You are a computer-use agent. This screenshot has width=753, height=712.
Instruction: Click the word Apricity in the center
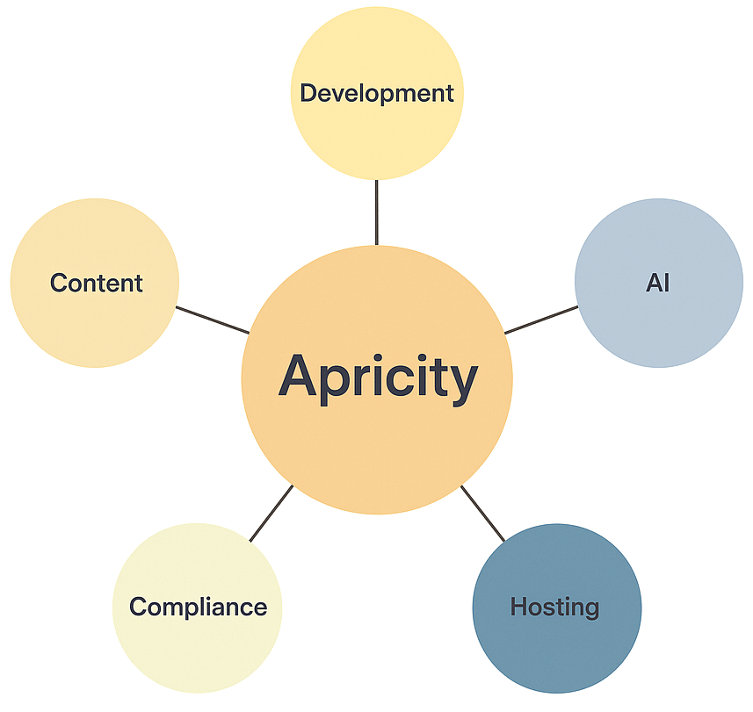click(x=378, y=378)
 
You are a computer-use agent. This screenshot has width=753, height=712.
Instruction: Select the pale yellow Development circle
click(x=376, y=132)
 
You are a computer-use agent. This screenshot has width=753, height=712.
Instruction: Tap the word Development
click(x=376, y=93)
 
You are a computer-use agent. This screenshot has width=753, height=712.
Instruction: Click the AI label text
click(x=658, y=284)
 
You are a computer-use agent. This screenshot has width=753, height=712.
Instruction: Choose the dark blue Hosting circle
click(x=555, y=641)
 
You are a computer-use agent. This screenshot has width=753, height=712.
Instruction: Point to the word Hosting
click(x=554, y=606)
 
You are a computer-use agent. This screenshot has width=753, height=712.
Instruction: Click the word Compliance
click(x=198, y=606)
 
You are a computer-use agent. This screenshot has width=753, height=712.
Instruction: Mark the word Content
click(x=96, y=283)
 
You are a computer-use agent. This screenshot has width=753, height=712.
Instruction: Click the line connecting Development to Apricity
click(x=377, y=212)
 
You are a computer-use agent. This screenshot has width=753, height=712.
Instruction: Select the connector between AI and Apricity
click(x=541, y=319)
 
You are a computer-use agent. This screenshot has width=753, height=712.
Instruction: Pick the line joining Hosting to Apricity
click(x=483, y=513)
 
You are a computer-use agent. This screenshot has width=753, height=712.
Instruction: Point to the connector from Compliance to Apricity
click(x=271, y=513)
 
